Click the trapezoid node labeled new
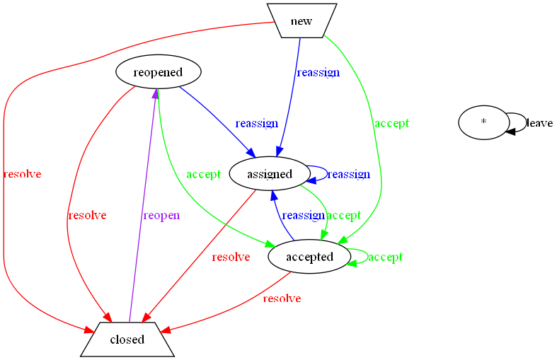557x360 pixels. [301, 21]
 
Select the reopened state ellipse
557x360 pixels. [158, 72]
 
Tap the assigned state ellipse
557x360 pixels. [270, 174]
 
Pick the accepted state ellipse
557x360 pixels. [309, 257]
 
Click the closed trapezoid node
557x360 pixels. [127, 339]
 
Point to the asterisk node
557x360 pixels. [483, 122]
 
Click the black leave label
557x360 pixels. [539, 123]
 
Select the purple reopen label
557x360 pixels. [161, 216]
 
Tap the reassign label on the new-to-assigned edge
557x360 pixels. [318, 72]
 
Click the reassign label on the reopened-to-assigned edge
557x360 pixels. [256, 123]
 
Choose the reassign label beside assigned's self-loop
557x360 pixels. [348, 174]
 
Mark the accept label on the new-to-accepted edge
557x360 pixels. [391, 123]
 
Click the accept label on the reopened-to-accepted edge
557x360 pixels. [203, 174]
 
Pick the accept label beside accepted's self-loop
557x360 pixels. [386, 257]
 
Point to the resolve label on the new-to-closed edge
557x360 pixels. [22, 174]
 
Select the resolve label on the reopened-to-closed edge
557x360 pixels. [86, 215]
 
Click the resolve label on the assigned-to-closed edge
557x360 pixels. [231, 257]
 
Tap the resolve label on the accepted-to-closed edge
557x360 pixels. [282, 298]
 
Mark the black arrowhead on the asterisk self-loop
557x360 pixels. [510, 131]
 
